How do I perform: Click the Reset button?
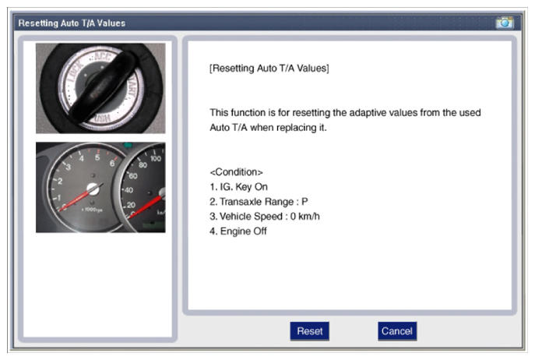pyautogui.click(x=309, y=331)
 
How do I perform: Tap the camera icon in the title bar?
pyautogui.click(x=505, y=23)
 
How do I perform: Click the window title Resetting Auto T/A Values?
pyautogui.click(x=72, y=23)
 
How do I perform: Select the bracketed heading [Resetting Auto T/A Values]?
pyautogui.click(x=269, y=69)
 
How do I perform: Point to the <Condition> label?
pyautogui.click(x=236, y=171)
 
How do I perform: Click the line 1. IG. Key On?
pyautogui.click(x=238, y=187)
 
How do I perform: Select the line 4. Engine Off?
pyautogui.click(x=238, y=231)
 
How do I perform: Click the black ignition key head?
pyautogui.click(x=102, y=87)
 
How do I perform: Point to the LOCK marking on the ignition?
pyautogui.click(x=76, y=72)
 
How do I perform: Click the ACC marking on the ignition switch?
pyautogui.click(x=102, y=56)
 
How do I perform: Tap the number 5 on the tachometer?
pyautogui.click(x=97, y=157)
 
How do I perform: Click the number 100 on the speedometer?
pyautogui.click(x=156, y=158)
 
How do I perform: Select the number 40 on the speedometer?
pyautogui.click(x=128, y=190)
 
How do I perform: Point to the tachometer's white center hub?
pyautogui.click(x=93, y=189)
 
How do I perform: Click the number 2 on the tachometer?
pyautogui.click(x=60, y=181)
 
